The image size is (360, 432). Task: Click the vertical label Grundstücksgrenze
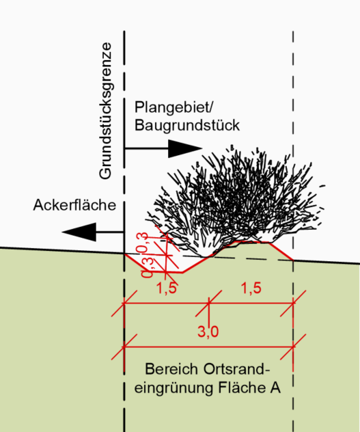105,111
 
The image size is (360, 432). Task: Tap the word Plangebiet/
174,107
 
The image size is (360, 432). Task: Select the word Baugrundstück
187,125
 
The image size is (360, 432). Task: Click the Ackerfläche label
74,205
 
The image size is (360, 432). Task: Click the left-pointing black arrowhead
79,232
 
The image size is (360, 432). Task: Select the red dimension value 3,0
208,332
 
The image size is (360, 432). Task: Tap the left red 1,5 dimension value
167,288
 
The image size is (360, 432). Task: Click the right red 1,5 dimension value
251,288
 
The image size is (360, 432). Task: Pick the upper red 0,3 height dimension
142,243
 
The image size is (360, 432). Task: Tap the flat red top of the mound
252,242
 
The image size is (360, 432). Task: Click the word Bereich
171,369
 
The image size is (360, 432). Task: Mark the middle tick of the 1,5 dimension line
209,303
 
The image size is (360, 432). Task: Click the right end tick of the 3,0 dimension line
293,347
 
